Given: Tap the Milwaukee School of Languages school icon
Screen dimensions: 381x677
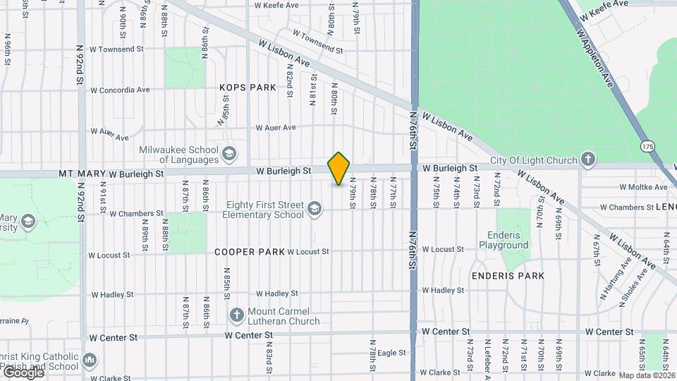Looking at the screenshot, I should click(x=228, y=154).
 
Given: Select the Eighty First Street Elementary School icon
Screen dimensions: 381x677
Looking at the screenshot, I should click(x=314, y=209).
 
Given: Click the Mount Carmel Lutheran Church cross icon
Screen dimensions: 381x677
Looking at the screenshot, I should click(x=237, y=313).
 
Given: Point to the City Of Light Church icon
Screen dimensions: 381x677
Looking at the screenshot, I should click(x=589, y=160).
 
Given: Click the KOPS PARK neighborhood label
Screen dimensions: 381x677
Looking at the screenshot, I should click(x=247, y=87).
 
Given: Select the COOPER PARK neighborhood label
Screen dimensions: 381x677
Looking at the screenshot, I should click(x=250, y=252).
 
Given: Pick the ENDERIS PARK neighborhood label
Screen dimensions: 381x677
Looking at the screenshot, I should click(x=508, y=276).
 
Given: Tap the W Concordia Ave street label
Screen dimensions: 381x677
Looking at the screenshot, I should click(x=120, y=90).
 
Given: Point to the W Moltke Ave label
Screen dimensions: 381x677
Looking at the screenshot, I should click(x=642, y=187).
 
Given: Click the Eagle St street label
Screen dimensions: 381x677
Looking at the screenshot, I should click(x=392, y=353).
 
